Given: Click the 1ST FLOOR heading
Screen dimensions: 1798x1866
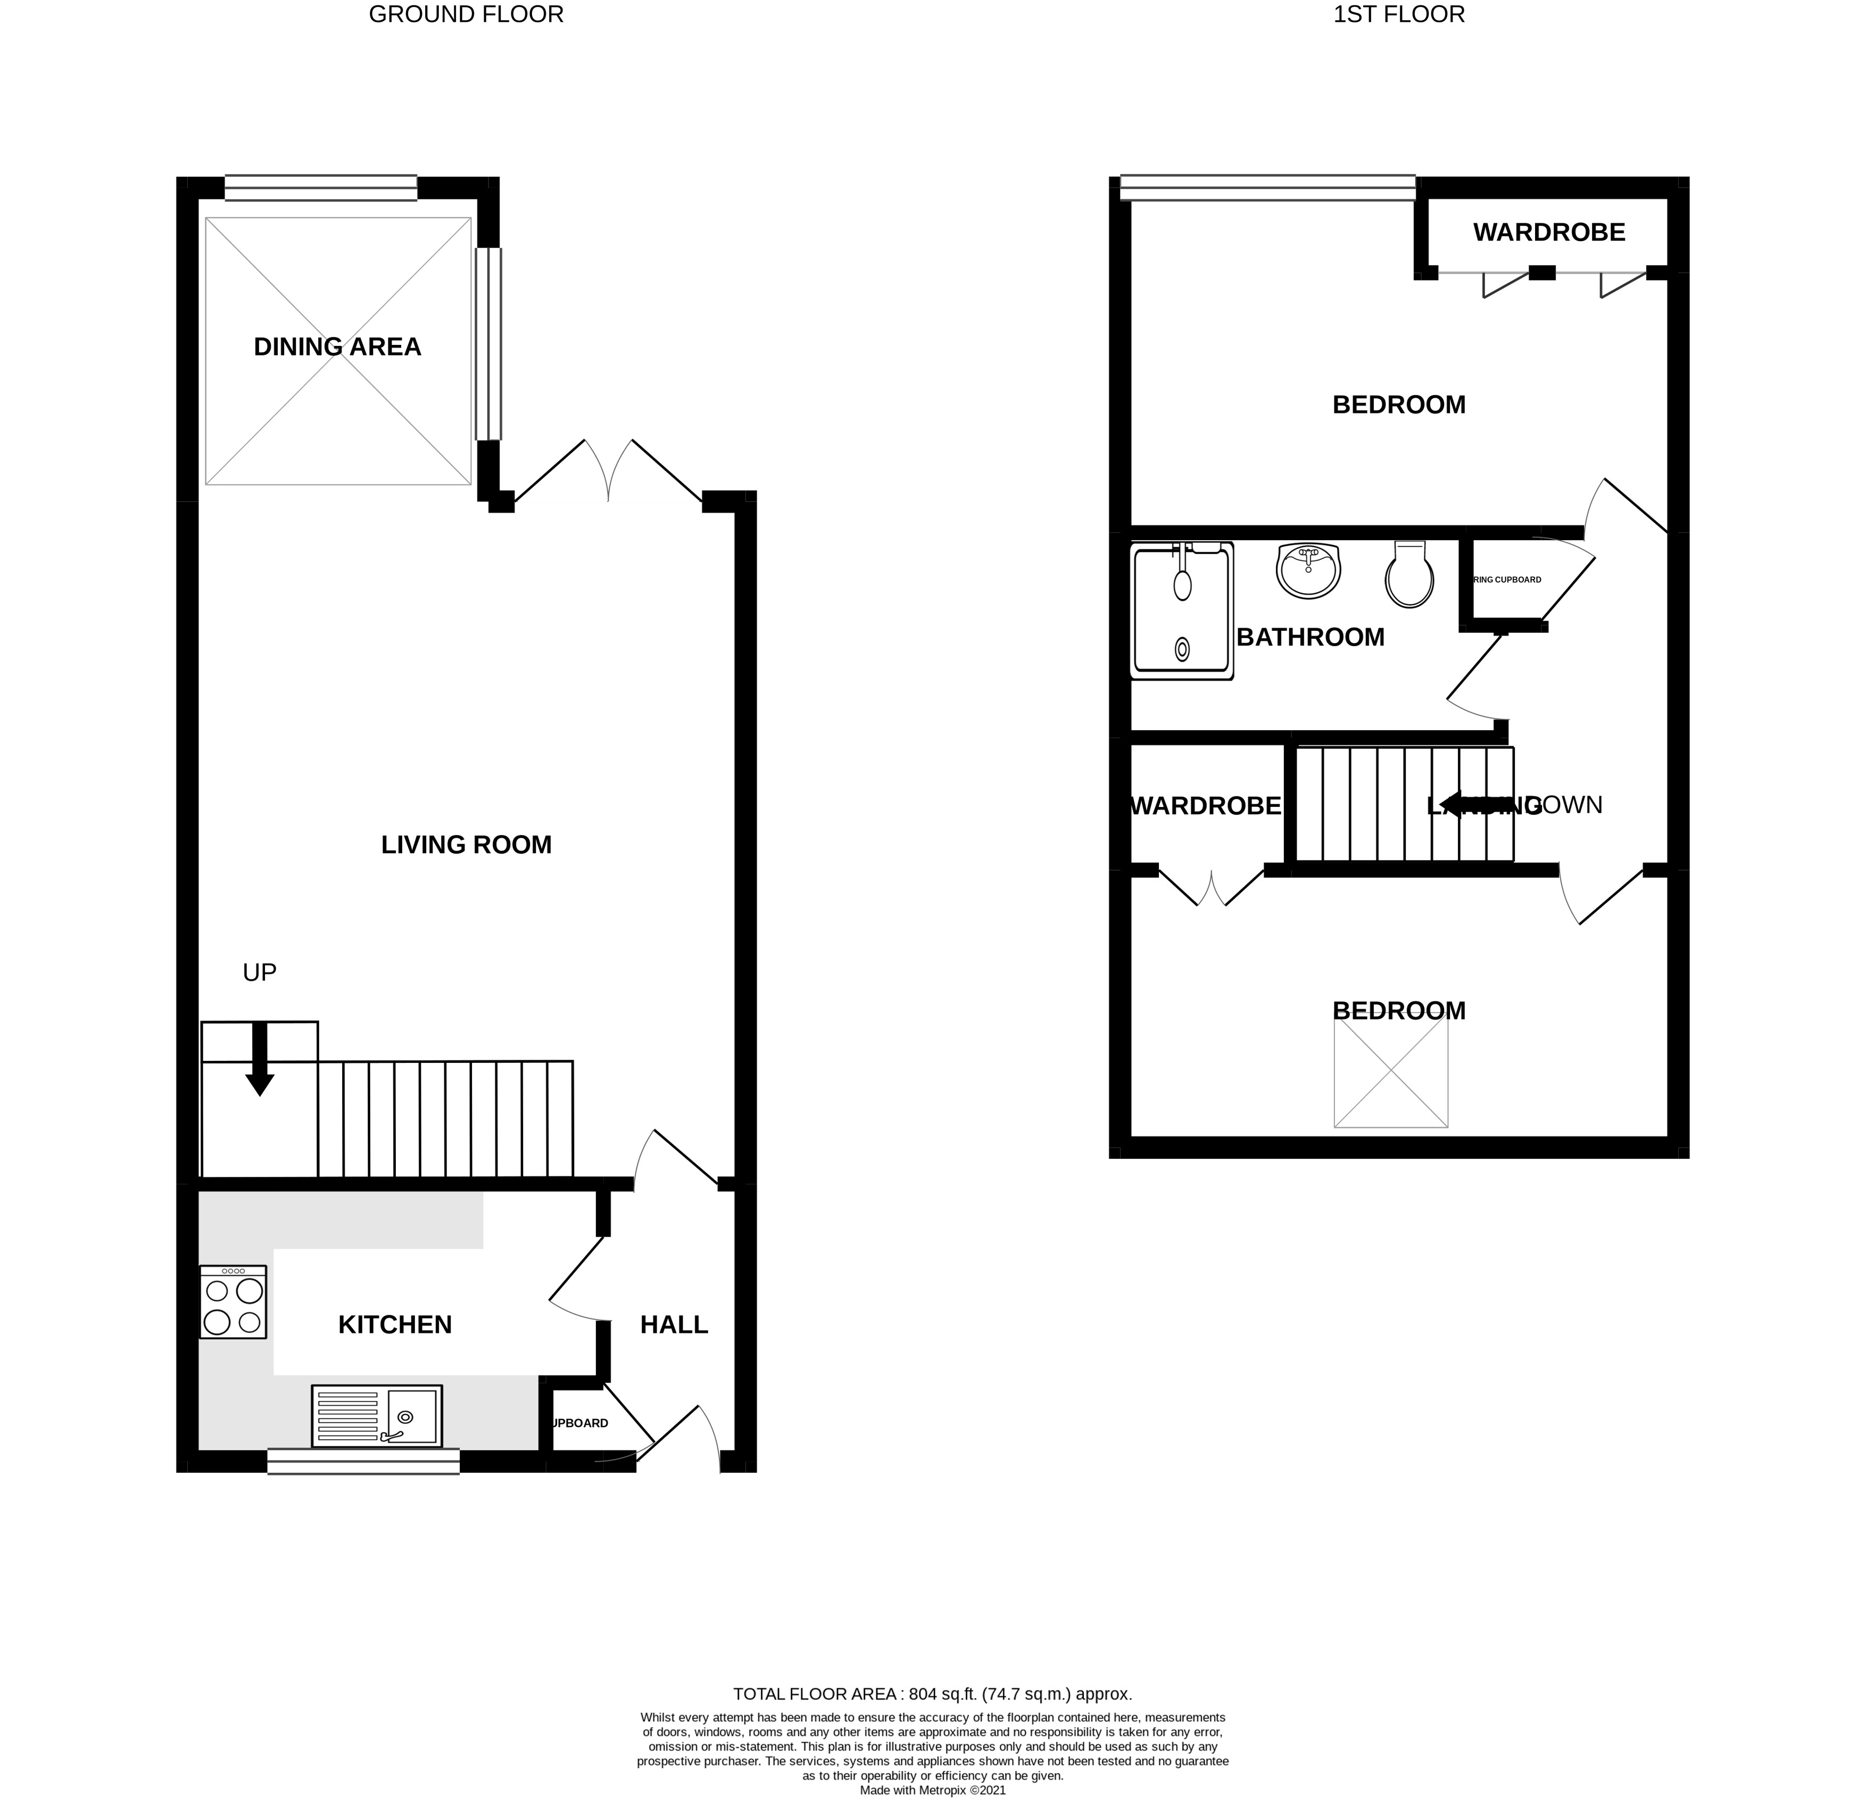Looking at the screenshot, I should (1398, 14).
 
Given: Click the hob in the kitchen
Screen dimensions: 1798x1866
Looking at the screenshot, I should (233, 1302).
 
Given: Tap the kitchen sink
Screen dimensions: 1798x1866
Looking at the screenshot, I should (377, 1415).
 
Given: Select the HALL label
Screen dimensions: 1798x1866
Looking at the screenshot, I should (674, 1325).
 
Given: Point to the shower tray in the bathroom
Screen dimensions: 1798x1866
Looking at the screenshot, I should (1182, 612).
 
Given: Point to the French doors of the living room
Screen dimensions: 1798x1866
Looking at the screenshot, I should (608, 472).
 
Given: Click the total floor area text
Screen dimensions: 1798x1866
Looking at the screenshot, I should (932, 1694).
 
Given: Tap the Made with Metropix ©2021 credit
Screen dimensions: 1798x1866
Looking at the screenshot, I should (932, 1791).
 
